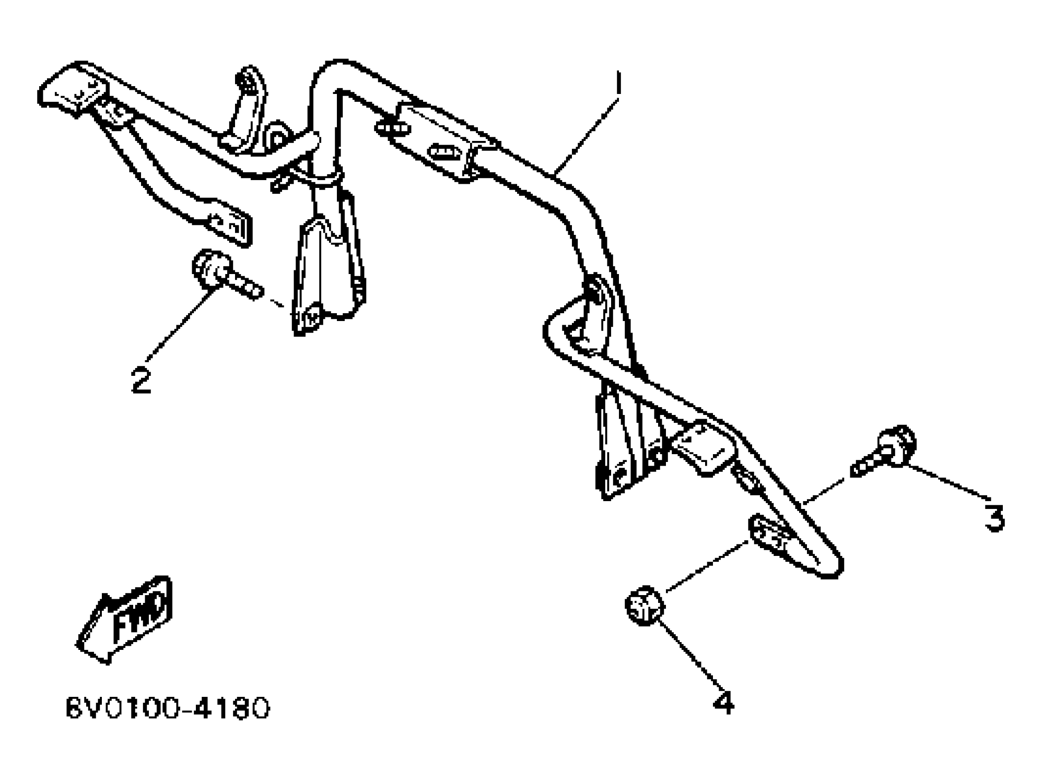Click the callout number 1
[618, 83]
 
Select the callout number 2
[141, 380]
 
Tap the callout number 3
[995, 518]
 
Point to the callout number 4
[723, 703]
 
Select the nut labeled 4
[644, 606]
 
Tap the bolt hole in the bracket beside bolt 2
[311, 316]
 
